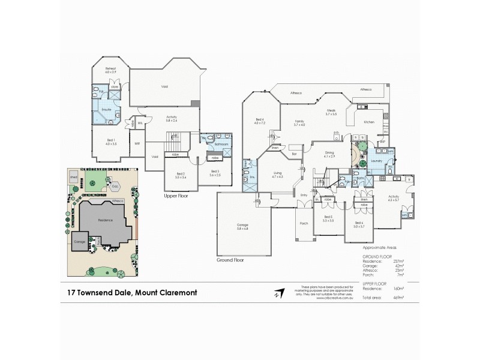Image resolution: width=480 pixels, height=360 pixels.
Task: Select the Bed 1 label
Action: [111, 143]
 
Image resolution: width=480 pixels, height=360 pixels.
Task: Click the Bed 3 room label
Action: [215, 173]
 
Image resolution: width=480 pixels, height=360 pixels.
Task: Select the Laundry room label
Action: [377, 161]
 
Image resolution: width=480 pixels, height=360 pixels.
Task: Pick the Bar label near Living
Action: [295, 154]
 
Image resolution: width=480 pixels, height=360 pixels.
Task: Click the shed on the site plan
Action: [74, 178]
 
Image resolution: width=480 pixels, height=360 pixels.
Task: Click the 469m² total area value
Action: [399, 296]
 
